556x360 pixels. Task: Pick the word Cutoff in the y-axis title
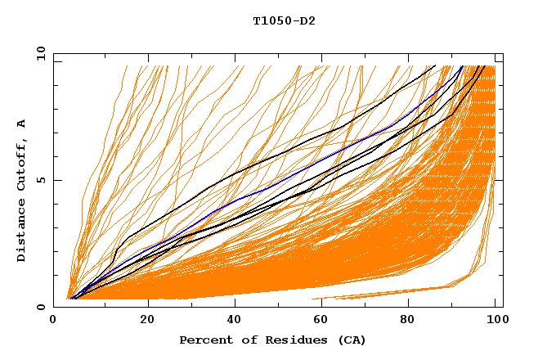(x=22, y=167)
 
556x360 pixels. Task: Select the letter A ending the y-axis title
(x=22, y=124)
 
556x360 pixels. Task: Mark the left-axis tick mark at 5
(x=56, y=180)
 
